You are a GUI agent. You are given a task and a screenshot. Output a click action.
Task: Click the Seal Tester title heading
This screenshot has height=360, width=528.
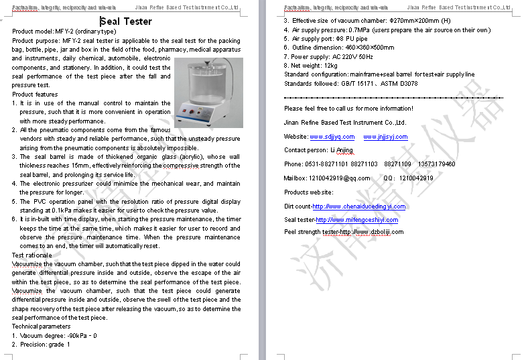pos(126,21)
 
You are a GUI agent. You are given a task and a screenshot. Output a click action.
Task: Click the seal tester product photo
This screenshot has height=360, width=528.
pos(208,93)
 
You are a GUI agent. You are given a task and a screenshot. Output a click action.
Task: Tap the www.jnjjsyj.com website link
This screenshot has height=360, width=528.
pos(385,137)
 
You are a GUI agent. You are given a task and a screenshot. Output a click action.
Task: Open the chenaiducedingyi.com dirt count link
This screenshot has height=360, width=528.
pos(359,206)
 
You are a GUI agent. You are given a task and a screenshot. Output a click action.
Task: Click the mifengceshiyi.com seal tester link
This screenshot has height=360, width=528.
pos(357,220)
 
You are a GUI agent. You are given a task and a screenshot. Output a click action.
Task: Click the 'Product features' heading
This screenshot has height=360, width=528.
pos(35,95)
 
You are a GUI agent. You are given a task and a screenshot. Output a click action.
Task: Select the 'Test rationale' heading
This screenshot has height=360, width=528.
pos(32,255)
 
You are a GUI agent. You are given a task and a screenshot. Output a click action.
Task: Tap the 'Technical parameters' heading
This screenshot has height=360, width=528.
pos(41,326)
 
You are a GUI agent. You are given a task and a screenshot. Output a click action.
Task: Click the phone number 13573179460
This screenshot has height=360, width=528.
pos(436,164)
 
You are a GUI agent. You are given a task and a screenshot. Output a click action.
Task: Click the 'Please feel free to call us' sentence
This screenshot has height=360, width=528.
pos(348,109)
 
